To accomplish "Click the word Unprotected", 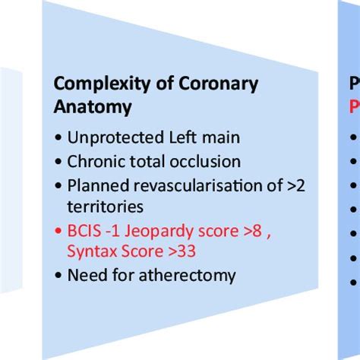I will point(111,138).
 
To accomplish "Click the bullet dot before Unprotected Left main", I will point(58,139).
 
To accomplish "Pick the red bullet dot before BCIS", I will point(58,232).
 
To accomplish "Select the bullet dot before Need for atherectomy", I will point(58,275).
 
